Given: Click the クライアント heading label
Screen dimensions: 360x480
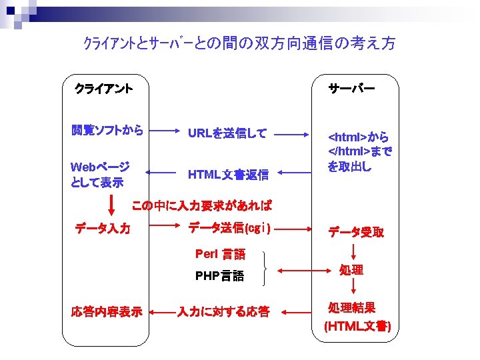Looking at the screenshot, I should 103,88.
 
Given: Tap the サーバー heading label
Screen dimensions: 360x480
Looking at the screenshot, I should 351,88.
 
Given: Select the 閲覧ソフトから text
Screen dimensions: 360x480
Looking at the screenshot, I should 107,131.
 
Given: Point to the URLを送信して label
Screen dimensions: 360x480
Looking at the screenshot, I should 227,133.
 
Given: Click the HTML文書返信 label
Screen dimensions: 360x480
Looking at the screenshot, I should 228,175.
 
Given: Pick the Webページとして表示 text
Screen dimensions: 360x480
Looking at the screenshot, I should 100,173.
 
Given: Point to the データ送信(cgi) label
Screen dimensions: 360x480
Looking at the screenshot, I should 229,229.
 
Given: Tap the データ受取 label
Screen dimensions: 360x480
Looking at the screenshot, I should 355,232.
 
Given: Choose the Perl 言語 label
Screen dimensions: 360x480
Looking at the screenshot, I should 220,254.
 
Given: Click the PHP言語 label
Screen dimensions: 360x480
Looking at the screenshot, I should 219,276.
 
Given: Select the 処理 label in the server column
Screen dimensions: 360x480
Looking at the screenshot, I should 351,270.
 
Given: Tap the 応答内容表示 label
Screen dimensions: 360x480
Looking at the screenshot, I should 107,311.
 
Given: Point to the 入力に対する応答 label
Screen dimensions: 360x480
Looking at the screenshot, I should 223,311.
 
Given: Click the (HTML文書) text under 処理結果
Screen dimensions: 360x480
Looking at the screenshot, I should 357,327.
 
